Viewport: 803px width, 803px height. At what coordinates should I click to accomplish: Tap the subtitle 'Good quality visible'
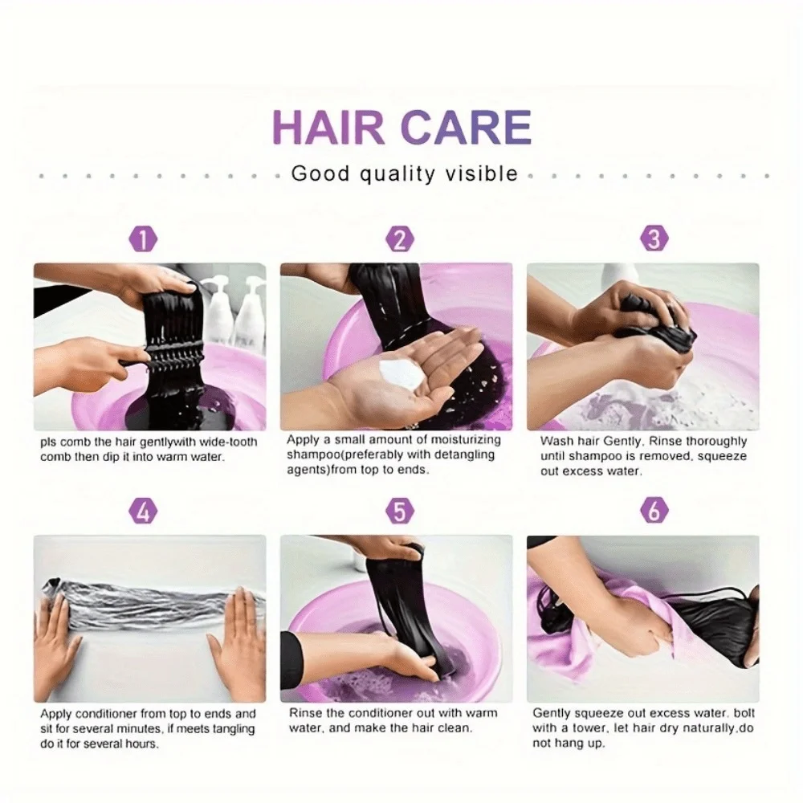404,173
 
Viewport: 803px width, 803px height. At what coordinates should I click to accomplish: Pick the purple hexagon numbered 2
399,240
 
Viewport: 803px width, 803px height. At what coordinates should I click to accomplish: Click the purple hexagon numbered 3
654,240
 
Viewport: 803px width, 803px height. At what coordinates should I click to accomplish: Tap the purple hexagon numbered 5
399,512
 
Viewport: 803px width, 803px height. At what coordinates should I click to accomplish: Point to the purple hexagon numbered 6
654,512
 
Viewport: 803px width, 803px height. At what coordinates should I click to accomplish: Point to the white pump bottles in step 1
233,309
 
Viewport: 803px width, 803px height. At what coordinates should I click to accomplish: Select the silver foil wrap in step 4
145,609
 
